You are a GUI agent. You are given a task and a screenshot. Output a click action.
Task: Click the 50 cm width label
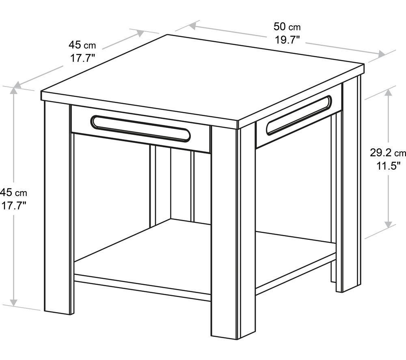tap(287, 27)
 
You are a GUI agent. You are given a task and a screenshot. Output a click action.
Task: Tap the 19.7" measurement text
tap(287, 40)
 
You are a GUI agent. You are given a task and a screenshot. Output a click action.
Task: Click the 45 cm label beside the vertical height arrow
tap(13, 192)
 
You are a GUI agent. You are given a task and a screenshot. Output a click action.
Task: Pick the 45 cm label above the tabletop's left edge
tap(82, 45)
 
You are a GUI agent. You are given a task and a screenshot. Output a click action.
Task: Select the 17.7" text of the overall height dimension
tap(14, 206)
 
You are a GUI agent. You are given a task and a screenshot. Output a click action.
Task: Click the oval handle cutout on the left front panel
tap(140, 129)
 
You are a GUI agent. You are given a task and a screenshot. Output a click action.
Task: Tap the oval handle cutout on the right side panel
tap(299, 115)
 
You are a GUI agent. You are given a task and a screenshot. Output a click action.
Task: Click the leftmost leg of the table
tap(58, 207)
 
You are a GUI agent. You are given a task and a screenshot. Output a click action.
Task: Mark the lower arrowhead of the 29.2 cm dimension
tap(388, 224)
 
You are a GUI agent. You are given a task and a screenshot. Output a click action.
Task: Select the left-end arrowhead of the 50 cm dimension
tap(192, 26)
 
